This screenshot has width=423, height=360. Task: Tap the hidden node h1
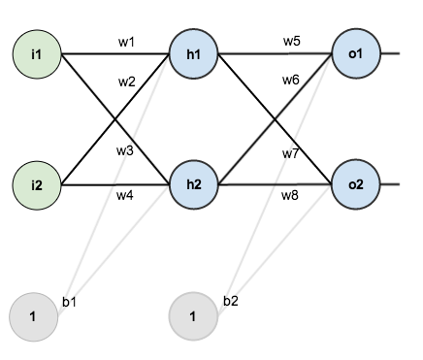pos(193,52)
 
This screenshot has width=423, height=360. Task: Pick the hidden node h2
pos(193,183)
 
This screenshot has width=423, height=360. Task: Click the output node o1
pos(355,52)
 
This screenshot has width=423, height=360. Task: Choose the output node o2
pos(355,183)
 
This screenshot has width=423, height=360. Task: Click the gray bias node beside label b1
pos(33,316)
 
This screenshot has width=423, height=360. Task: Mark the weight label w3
pos(125,151)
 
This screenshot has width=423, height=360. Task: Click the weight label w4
pos(125,197)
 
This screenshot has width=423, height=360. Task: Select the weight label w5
pos(291,41)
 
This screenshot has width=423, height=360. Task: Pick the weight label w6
pos(291,81)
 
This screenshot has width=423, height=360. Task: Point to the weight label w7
pos(290,154)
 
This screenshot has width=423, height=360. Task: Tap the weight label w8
pos(290,197)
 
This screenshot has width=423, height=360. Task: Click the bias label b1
pos(69,303)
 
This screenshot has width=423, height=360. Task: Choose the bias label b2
pos(231,302)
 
